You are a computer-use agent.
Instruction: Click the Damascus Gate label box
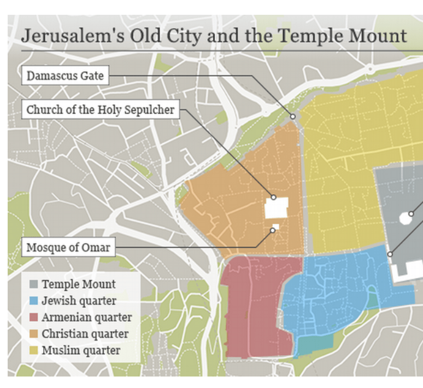pyautogui.click(x=65, y=76)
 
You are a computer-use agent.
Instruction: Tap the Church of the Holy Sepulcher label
pyautogui.click(x=101, y=109)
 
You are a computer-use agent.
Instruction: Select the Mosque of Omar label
pyautogui.click(x=68, y=247)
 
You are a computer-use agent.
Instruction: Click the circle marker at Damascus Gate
pyautogui.click(x=293, y=117)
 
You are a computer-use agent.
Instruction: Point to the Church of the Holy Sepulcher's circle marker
pyautogui.click(x=273, y=198)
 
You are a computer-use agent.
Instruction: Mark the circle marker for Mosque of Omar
pyautogui.click(x=272, y=230)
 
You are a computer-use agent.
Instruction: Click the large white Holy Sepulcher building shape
pyautogui.click(x=277, y=209)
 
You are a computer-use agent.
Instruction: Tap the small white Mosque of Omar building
pyautogui.click(x=277, y=227)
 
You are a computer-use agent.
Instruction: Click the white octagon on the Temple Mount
pyautogui.click(x=406, y=218)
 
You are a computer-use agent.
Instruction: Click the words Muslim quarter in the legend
pyautogui.click(x=81, y=350)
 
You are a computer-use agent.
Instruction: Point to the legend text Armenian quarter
pyautogui.click(x=86, y=317)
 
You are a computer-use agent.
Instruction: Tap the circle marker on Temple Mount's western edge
pyautogui.click(x=390, y=254)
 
